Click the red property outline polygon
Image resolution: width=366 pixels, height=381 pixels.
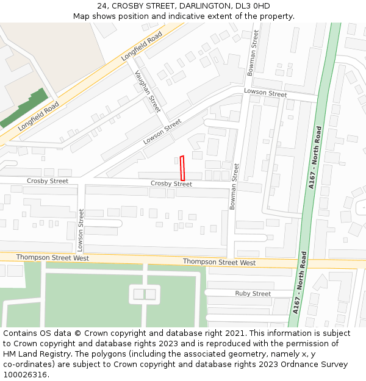click(x=182, y=168)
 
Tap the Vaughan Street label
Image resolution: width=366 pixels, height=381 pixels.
click(x=148, y=91)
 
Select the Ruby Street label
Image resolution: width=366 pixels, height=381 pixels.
click(x=253, y=294)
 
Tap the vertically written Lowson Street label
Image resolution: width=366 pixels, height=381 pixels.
click(x=80, y=230)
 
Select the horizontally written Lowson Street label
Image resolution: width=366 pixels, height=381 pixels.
click(x=265, y=93)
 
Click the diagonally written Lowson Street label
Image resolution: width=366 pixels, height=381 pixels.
click(x=162, y=131)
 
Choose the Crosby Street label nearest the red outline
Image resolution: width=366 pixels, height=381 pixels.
click(x=171, y=183)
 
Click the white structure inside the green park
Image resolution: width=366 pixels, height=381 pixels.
click(x=145, y=294)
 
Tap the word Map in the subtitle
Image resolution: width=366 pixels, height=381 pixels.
click(x=82, y=16)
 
